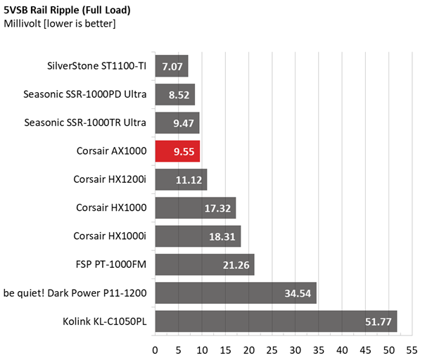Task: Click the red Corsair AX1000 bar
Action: coord(177,151)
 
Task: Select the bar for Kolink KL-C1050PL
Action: coord(276,321)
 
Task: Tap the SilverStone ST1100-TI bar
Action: coord(172,66)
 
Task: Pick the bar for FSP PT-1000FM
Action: coord(205,264)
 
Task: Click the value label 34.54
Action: coord(298,293)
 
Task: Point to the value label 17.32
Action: coord(217,208)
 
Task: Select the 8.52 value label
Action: coord(179,95)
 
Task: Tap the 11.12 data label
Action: coord(189,180)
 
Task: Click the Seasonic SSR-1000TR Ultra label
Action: coord(85,122)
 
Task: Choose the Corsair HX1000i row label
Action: coord(110,236)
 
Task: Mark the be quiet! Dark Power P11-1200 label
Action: coord(75,293)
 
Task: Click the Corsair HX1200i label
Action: coord(110,179)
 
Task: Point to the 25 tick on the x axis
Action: coord(272,350)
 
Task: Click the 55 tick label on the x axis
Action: coord(412,350)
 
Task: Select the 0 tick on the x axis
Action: coord(155,350)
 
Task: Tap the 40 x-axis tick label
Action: coord(342,350)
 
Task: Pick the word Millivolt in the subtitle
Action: coord(23,23)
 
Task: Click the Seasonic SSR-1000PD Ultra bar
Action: coord(175,94)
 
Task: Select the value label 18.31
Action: coord(222,237)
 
